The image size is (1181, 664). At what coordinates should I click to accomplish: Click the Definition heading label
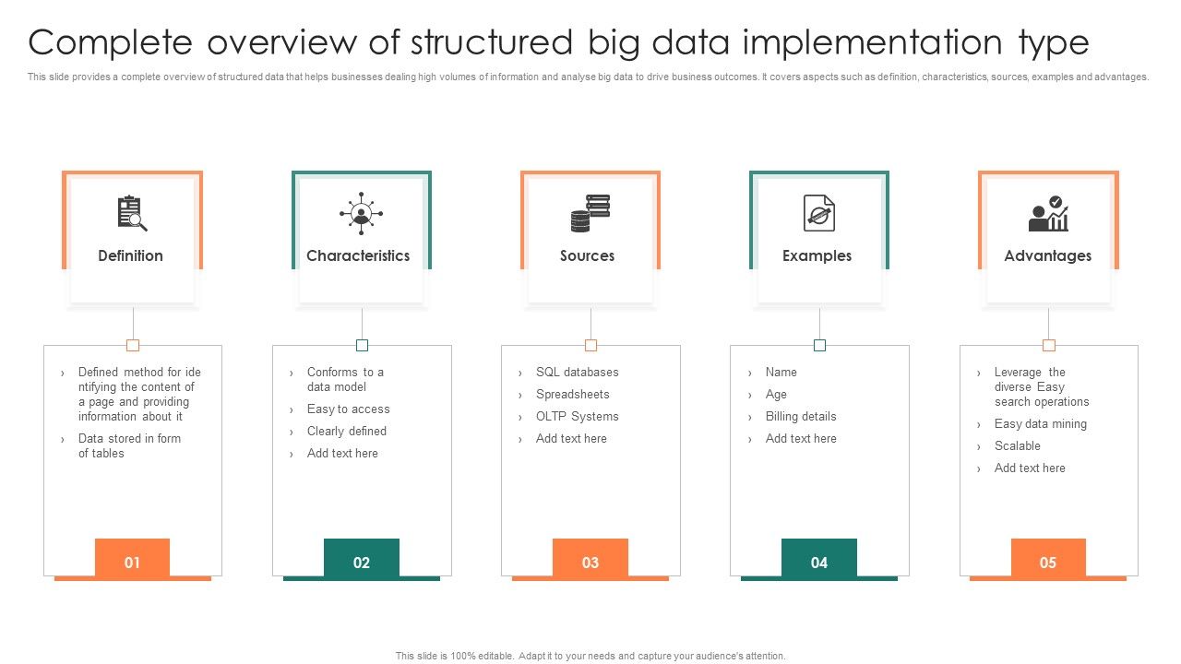pyautogui.click(x=130, y=255)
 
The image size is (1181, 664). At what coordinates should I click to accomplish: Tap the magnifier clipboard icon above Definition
pyautogui.click(x=132, y=213)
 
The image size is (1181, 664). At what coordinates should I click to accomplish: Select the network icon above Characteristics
pyautogui.click(x=361, y=213)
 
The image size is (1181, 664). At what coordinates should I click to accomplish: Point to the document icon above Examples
pyautogui.click(x=818, y=213)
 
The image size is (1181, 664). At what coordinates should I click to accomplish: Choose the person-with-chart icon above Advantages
pyautogui.click(x=1048, y=214)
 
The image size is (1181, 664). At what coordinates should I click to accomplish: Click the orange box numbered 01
pyautogui.click(x=132, y=561)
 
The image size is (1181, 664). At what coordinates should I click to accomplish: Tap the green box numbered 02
pyautogui.click(x=362, y=561)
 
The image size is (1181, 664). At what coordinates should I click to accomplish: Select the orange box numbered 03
pyautogui.click(x=590, y=561)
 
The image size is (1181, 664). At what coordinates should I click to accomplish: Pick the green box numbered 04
pyautogui.click(x=819, y=561)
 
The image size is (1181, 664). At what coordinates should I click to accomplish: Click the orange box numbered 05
pyautogui.click(x=1048, y=561)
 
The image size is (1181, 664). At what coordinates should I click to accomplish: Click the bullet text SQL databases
pyautogui.click(x=577, y=373)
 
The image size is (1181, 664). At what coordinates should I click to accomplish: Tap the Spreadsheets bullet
pyautogui.click(x=572, y=395)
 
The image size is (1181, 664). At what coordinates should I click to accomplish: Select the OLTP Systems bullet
pyautogui.click(x=577, y=417)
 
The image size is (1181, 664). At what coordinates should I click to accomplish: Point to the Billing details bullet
pyautogui.click(x=800, y=417)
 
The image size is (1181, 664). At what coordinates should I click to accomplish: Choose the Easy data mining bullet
pyautogui.click(x=1040, y=424)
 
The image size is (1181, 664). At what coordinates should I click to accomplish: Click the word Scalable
pyautogui.click(x=1017, y=446)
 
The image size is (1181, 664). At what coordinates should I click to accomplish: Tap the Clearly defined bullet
pyautogui.click(x=346, y=432)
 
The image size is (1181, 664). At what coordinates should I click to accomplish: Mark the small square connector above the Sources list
pyautogui.click(x=590, y=345)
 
